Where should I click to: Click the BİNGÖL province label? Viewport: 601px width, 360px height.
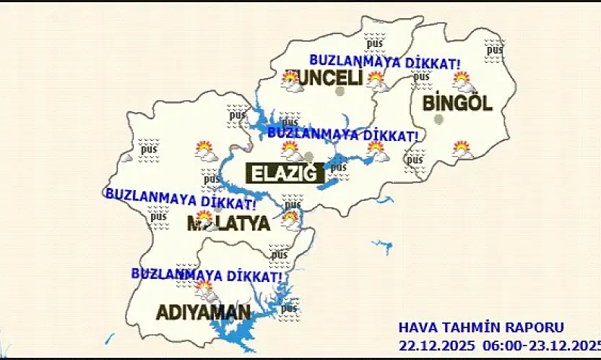tap(457, 103)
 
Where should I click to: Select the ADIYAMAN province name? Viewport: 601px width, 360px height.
tap(204, 312)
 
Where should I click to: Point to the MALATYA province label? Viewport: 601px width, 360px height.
tap(228, 223)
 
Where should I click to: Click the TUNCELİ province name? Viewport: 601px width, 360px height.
tap(322, 77)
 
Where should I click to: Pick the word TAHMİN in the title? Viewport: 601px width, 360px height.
tap(475, 327)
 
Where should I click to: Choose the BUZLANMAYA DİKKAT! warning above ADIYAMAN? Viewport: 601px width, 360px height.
tap(207, 275)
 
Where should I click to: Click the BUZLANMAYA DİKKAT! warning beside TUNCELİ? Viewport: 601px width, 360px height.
tap(385, 62)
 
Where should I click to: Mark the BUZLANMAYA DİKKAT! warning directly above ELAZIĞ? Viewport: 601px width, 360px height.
tap(342, 134)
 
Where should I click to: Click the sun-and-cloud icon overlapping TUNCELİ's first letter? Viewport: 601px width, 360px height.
tap(293, 80)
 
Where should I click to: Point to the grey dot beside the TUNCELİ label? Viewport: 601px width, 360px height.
tap(340, 91)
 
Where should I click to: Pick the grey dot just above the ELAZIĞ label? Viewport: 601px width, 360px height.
tap(309, 157)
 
